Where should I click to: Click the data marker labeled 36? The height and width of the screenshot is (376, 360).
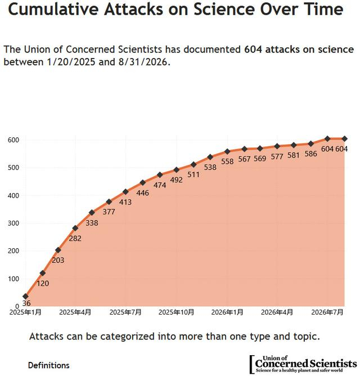(25, 297)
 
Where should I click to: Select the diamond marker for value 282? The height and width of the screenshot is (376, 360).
(75, 228)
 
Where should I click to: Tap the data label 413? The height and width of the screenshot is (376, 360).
(125, 202)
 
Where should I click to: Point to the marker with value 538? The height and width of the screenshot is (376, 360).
(210, 157)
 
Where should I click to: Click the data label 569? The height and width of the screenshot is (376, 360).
(260, 159)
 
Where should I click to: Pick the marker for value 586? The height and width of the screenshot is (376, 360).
(311, 144)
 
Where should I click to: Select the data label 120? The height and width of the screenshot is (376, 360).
(43, 284)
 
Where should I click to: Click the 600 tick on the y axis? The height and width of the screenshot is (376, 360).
(13, 140)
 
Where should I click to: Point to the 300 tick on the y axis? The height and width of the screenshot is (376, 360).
(13, 223)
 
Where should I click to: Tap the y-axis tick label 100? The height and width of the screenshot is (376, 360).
(13, 279)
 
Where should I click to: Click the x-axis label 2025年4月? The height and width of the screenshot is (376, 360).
(75, 312)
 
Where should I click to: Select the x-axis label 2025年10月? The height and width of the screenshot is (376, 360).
(176, 312)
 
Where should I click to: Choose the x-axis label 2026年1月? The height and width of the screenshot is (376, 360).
(227, 312)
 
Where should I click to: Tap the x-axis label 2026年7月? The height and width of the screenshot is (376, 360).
(327, 312)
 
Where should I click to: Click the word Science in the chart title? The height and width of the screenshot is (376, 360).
(224, 9)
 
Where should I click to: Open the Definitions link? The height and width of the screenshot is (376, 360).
(48, 365)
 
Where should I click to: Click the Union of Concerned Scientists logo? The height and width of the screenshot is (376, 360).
(303, 364)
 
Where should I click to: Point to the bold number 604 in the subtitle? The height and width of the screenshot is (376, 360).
(253, 50)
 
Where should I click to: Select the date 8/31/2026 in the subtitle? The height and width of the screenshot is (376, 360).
(143, 62)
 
